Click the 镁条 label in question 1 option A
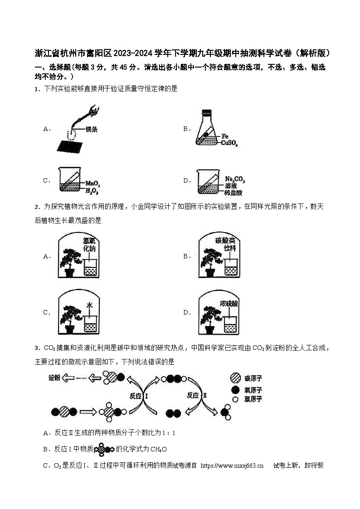click(91, 129)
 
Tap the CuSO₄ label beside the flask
click(229, 143)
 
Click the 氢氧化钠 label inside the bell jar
click(89, 244)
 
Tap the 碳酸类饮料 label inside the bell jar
click(231, 244)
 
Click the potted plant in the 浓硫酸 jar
click(209, 319)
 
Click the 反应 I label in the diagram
click(139, 396)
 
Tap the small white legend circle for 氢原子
click(235, 399)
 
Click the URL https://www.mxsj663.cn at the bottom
click(232, 465)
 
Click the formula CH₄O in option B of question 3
click(158, 449)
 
